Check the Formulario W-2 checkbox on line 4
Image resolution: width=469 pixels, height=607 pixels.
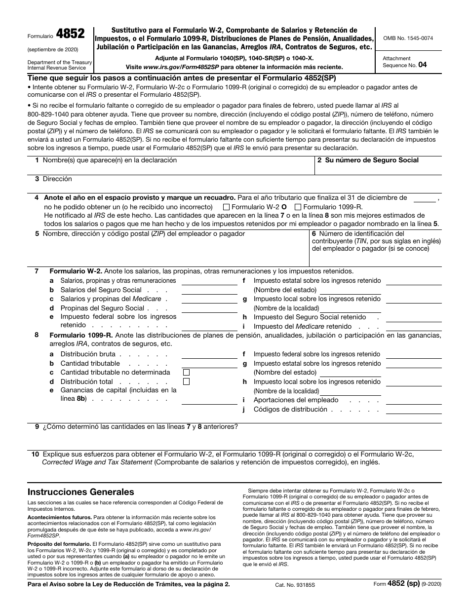tap(227, 207)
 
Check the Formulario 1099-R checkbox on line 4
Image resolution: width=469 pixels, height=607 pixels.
tap(298, 207)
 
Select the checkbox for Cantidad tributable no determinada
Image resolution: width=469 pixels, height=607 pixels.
tap(187, 373)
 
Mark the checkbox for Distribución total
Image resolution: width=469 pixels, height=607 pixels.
tap(187, 381)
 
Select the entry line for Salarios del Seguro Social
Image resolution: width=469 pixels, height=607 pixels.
tap(210, 291)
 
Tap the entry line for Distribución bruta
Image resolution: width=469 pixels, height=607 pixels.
tap(210, 354)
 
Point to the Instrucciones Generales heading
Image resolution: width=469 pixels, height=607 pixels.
tap(80, 492)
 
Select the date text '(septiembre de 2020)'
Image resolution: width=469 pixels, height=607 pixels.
tap(53, 50)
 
